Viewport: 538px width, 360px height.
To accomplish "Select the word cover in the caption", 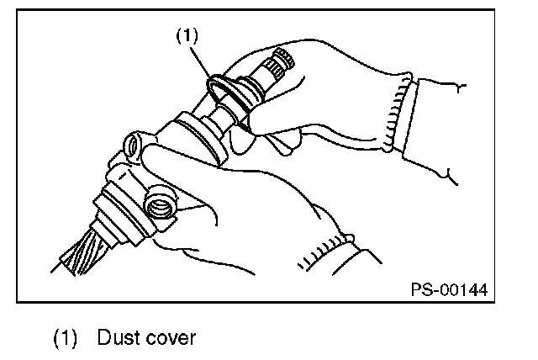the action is (171, 338).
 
